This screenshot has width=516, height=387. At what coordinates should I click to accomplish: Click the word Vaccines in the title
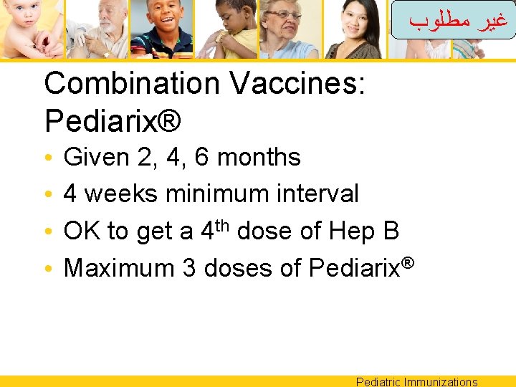[x=298, y=85]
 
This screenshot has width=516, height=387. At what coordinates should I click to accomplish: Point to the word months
[x=259, y=157]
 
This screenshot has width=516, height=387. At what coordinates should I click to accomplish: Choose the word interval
[x=320, y=193]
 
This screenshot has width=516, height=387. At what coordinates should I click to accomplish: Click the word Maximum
[x=119, y=268]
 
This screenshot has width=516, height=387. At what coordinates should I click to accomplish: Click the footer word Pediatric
[x=378, y=382]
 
